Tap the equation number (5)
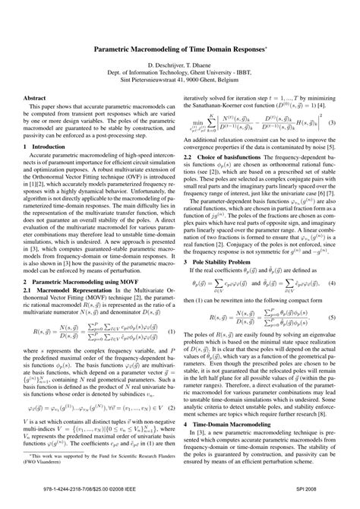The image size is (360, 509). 332,295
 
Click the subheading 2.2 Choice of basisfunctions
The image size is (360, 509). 235,155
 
